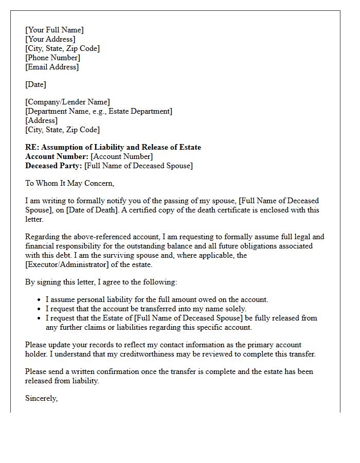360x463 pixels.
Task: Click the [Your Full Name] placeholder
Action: [x=54, y=30]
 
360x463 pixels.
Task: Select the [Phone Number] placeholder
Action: [x=52, y=58]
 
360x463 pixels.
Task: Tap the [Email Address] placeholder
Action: [x=52, y=67]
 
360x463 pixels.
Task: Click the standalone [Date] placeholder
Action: [x=35, y=84]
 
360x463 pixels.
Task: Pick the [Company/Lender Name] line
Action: [x=67, y=102]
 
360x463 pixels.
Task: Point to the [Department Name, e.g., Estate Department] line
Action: [x=99, y=111]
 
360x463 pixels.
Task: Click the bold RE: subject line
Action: [x=113, y=147]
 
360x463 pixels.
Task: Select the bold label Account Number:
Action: [x=57, y=156]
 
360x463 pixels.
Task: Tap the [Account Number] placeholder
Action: [x=122, y=156]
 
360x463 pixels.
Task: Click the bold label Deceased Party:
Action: [x=53, y=166]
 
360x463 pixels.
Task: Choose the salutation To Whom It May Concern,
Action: [x=69, y=183]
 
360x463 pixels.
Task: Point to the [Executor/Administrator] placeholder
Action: [x=68, y=264]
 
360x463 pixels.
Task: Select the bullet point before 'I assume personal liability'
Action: [x=40, y=299]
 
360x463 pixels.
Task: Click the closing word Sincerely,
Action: [x=41, y=398]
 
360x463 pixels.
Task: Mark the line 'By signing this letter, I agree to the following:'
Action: [x=101, y=282]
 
